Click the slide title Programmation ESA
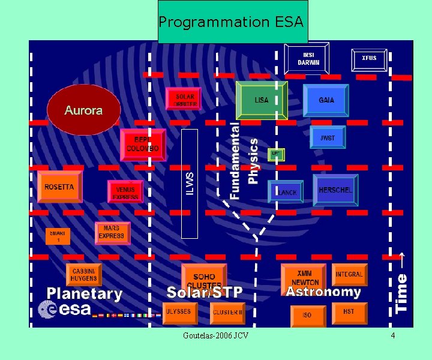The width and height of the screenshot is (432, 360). click(232, 22)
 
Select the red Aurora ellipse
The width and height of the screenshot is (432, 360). click(83, 109)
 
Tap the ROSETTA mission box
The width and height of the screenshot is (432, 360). click(59, 187)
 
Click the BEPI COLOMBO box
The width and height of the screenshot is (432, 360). click(143, 144)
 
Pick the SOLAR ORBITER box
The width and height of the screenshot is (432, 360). click(184, 100)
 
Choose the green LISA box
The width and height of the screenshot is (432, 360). click(262, 100)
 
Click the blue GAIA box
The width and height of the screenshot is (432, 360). click(326, 100)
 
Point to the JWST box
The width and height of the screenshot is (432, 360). click(328, 137)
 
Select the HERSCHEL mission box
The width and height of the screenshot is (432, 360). click(335, 190)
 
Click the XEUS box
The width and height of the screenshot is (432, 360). click(369, 58)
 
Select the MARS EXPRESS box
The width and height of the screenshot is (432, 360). click(112, 233)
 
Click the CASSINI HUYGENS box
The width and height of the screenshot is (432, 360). click(83, 275)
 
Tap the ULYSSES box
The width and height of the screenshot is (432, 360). click(179, 311)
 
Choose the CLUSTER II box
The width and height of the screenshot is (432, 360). click(228, 312)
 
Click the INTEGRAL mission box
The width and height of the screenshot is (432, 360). click(349, 275)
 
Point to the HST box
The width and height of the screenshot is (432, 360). click(349, 312)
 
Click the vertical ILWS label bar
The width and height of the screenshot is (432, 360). click(190, 184)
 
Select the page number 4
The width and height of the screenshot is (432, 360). click(393, 335)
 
